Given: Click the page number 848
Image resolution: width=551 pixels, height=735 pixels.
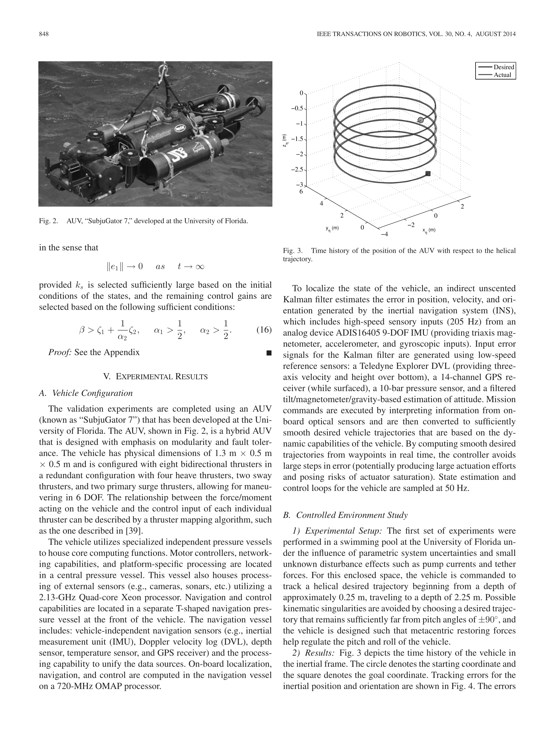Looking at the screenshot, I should (44, 34).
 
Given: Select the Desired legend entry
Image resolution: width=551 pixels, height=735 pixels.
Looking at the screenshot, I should (503, 67).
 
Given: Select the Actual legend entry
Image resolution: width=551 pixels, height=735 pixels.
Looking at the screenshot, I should (502, 75).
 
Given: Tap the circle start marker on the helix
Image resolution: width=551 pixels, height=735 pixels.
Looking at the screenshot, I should (421, 120).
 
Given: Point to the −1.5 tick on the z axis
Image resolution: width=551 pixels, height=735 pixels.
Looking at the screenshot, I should (297, 139).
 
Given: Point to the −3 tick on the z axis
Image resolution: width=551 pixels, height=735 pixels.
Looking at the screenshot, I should (300, 185).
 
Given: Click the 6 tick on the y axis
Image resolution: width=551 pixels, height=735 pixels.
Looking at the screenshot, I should (301, 192).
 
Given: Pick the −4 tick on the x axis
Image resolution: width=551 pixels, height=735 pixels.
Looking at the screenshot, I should (384, 234).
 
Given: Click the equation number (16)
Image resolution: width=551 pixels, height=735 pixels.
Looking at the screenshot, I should (264, 330).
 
